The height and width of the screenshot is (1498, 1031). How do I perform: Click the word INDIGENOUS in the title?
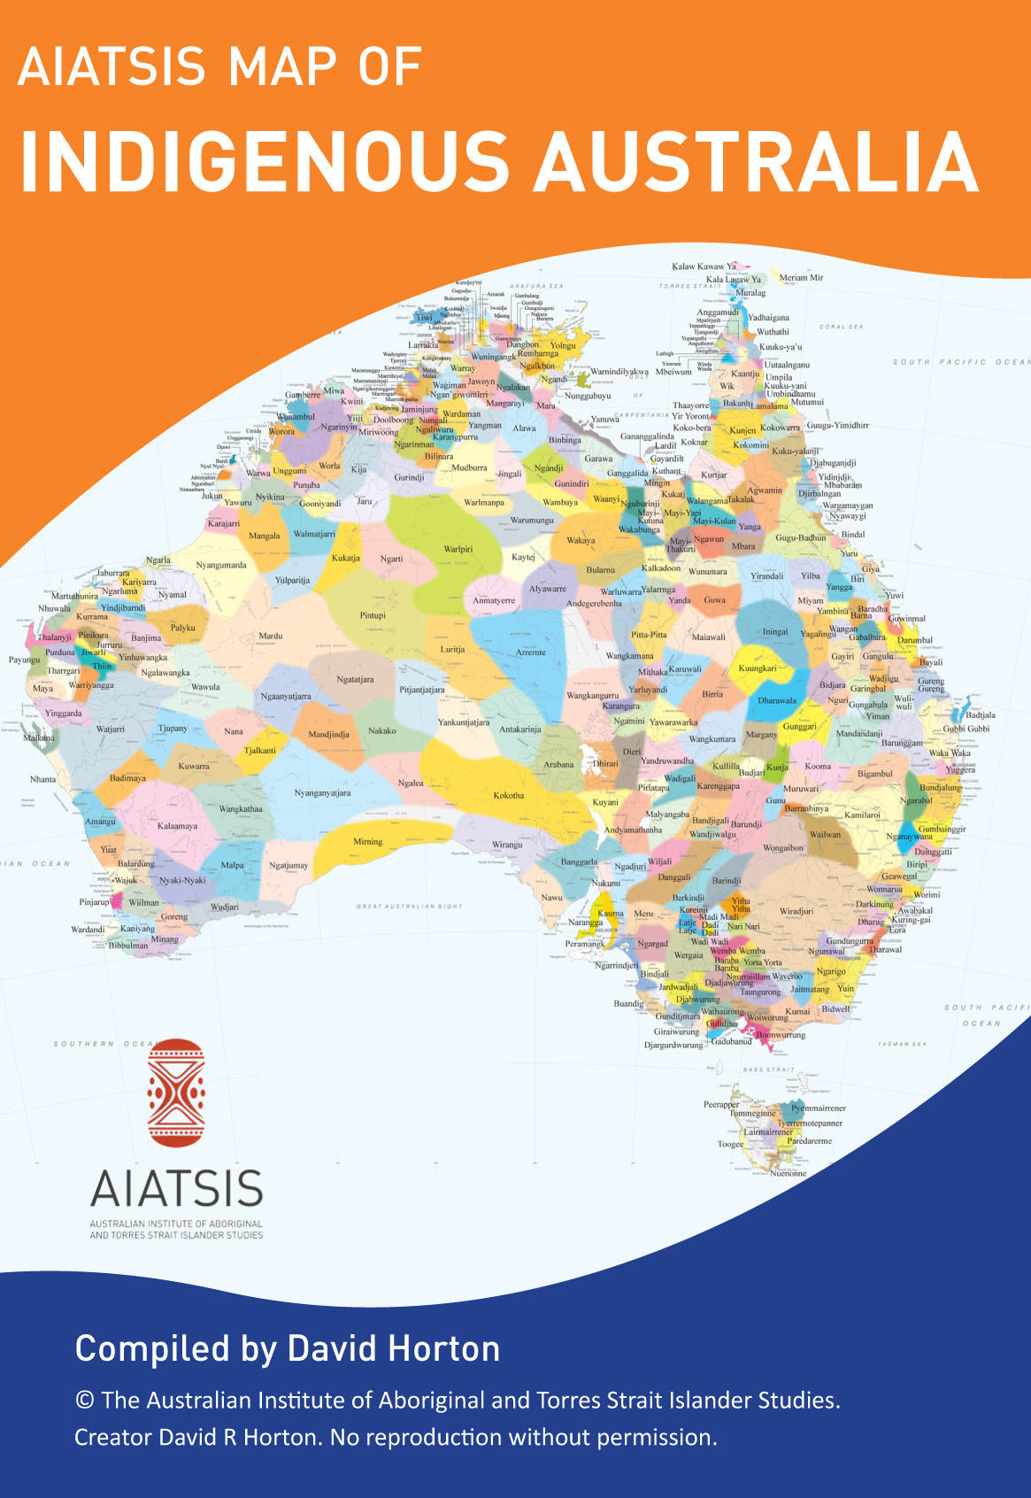264,162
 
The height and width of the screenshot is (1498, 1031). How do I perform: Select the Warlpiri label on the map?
458,549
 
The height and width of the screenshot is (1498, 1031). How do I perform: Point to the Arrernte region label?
531,652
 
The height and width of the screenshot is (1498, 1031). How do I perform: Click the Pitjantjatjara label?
422,690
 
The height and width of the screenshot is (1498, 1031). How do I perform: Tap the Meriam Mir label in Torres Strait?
801,278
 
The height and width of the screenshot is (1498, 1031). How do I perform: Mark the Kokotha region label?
509,795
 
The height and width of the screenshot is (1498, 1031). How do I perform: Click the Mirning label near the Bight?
368,842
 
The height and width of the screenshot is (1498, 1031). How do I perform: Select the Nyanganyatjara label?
322,793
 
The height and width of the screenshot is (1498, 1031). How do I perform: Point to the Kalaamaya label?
177,826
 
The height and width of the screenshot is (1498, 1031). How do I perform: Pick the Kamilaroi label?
862,815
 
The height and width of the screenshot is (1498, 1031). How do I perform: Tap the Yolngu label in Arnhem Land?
563,346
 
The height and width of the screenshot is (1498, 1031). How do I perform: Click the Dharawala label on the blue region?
777,700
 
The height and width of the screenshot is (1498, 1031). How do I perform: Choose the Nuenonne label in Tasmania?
789,1173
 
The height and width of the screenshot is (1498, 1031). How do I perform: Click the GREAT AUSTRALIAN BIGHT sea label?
409,907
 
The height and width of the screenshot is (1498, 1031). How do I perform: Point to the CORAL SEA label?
841,327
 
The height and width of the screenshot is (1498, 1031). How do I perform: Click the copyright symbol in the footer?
85,1401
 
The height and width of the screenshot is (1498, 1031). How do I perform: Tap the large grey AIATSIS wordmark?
177,1188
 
